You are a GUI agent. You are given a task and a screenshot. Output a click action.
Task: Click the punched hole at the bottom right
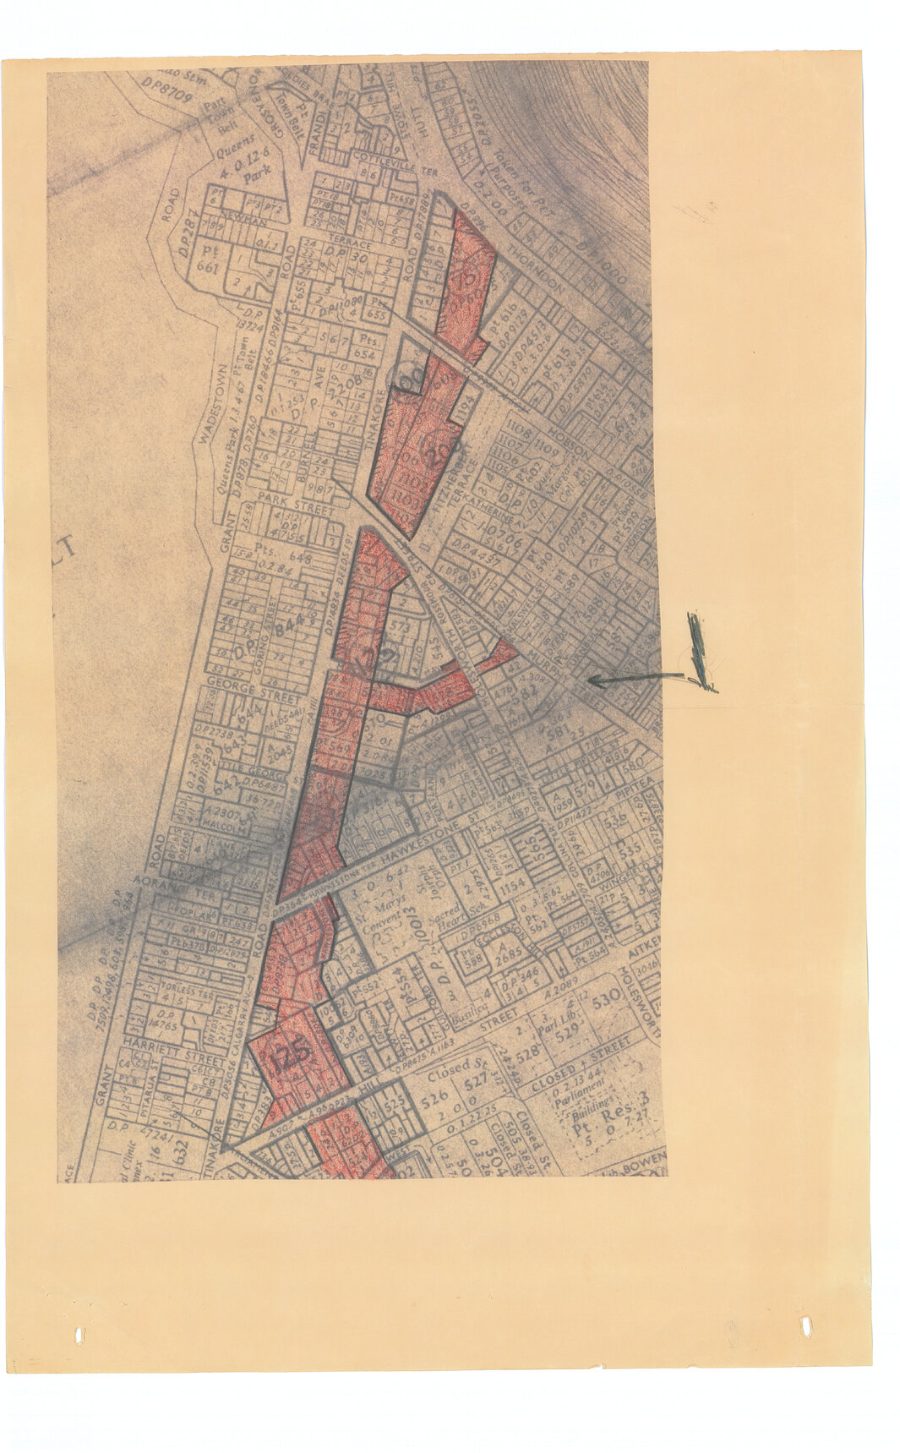[x=805, y=1325]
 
